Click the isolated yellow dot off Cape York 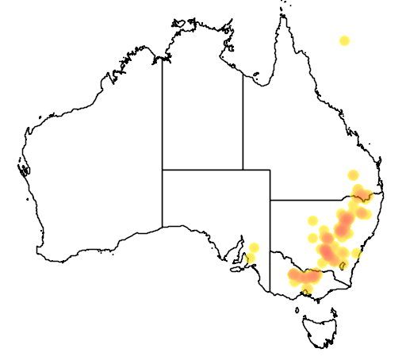(x=344, y=40)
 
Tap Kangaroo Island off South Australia (x=236, y=268)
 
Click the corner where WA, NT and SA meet (x=163, y=170)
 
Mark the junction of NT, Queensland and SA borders (x=243, y=170)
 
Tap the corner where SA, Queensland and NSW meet (x=270, y=200)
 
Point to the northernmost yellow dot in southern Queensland (x=353, y=175)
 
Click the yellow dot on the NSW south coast (x=357, y=254)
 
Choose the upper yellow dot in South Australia (x=254, y=247)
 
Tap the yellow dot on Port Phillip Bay (x=308, y=290)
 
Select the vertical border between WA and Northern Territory (x=163, y=111)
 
